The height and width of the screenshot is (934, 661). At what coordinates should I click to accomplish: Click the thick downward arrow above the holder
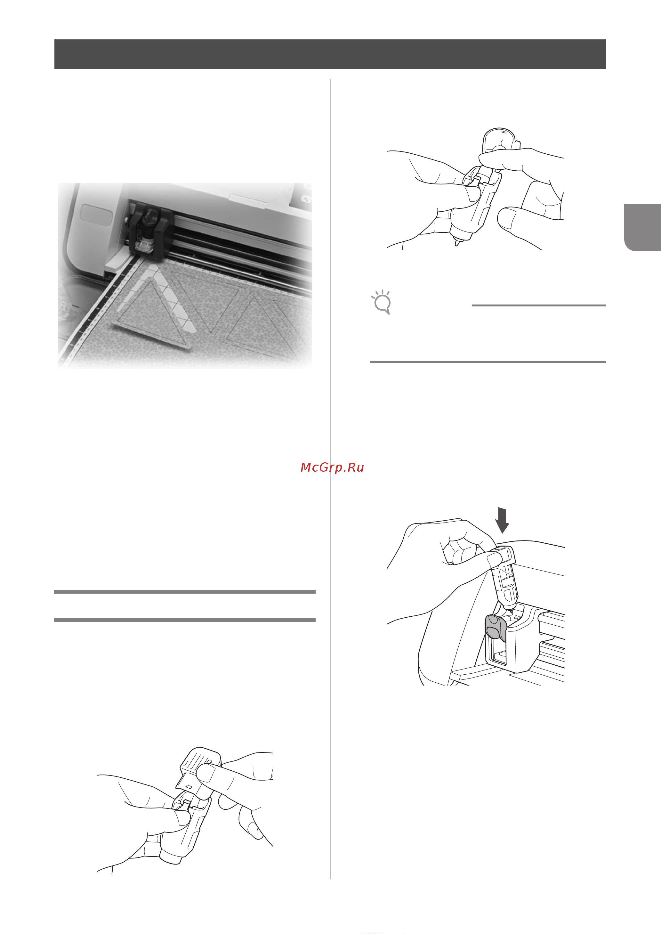503,520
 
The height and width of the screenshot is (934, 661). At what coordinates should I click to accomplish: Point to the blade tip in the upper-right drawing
458,243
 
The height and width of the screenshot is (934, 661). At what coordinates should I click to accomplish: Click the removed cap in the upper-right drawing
499,142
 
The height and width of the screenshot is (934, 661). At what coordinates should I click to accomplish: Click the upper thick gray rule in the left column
185,592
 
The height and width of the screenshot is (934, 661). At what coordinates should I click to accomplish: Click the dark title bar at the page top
330,54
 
